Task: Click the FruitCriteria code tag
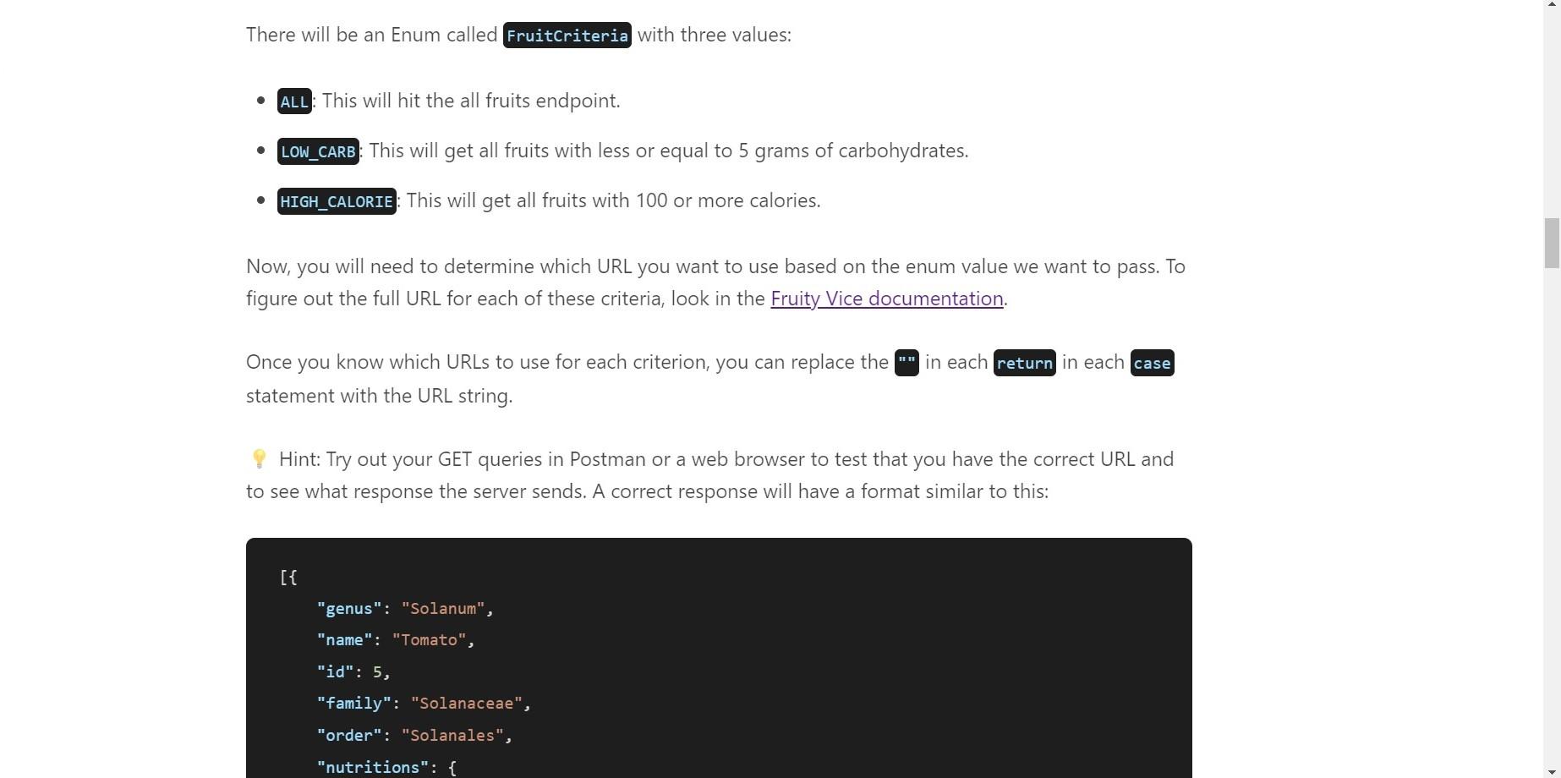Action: pyautogui.click(x=567, y=36)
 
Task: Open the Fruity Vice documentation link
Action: pyautogui.click(x=886, y=299)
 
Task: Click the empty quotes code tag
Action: pyautogui.click(x=906, y=363)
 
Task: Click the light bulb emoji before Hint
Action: pyautogui.click(x=260, y=459)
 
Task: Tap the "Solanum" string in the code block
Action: pyautogui.click(x=443, y=609)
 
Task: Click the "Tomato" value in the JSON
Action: pyautogui.click(x=429, y=640)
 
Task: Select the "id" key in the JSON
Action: pyautogui.click(x=335, y=672)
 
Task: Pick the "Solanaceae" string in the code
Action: pyautogui.click(x=466, y=704)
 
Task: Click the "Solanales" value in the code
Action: pyautogui.click(x=452, y=736)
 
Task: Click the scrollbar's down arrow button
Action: pyautogui.click(x=1552, y=770)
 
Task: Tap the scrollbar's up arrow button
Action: pyautogui.click(x=1552, y=7)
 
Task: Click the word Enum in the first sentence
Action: pyautogui.click(x=411, y=35)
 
